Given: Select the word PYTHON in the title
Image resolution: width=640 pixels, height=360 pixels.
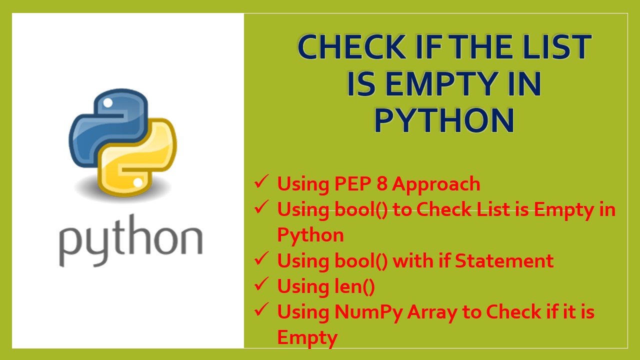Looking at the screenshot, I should [x=444, y=120].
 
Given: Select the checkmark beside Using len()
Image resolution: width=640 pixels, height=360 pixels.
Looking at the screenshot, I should [x=261, y=284].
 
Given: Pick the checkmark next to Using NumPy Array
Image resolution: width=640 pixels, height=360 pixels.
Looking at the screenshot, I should [x=261, y=310].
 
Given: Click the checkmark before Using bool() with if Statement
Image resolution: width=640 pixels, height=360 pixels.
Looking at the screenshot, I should [x=261, y=259].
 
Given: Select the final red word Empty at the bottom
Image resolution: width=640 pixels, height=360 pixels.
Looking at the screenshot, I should [x=307, y=338].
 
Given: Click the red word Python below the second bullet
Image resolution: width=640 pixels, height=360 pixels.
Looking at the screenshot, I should [x=310, y=235].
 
